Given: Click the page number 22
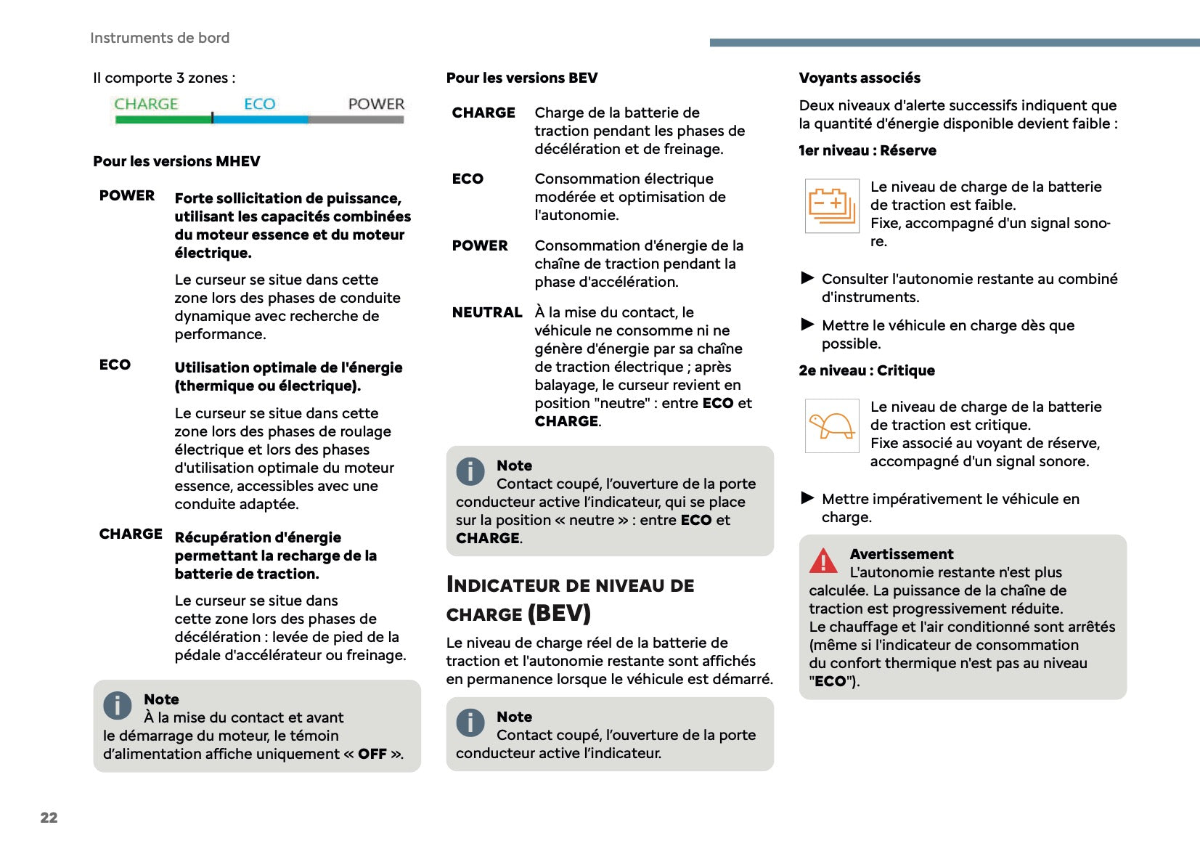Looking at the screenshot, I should pyautogui.click(x=49, y=817).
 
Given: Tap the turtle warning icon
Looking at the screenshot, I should pyautogui.click(x=832, y=426).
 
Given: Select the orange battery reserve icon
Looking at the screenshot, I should pyautogui.click(x=832, y=206).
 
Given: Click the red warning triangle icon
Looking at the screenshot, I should pyautogui.click(x=823, y=561).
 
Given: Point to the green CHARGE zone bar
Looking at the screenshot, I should pyautogui.click(x=163, y=119).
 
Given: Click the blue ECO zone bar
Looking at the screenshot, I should pyautogui.click(x=261, y=119).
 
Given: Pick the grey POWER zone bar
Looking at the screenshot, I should pyautogui.click(x=356, y=119).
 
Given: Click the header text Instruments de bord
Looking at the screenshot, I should pyautogui.click(x=160, y=38).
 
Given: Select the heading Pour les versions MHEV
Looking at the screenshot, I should pyautogui.click(x=176, y=161).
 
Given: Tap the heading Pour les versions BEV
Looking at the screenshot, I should pyautogui.click(x=522, y=78).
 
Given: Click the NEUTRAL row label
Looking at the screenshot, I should pyautogui.click(x=487, y=312).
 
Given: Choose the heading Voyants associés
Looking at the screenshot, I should pyautogui.click(x=860, y=78).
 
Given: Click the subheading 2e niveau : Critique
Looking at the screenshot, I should pyautogui.click(x=867, y=370).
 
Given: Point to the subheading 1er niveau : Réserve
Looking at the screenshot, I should pyautogui.click(x=868, y=150).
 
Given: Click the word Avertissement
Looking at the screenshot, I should pyautogui.click(x=902, y=554).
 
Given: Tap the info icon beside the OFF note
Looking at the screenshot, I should pyautogui.click(x=118, y=705).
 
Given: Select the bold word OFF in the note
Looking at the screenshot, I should pyautogui.click(x=372, y=754).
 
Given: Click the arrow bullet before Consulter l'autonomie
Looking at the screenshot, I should pyautogui.click(x=807, y=277).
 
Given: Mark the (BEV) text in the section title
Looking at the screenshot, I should pyautogui.click(x=559, y=614).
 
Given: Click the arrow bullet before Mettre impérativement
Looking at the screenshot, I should pyautogui.click(x=807, y=497).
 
